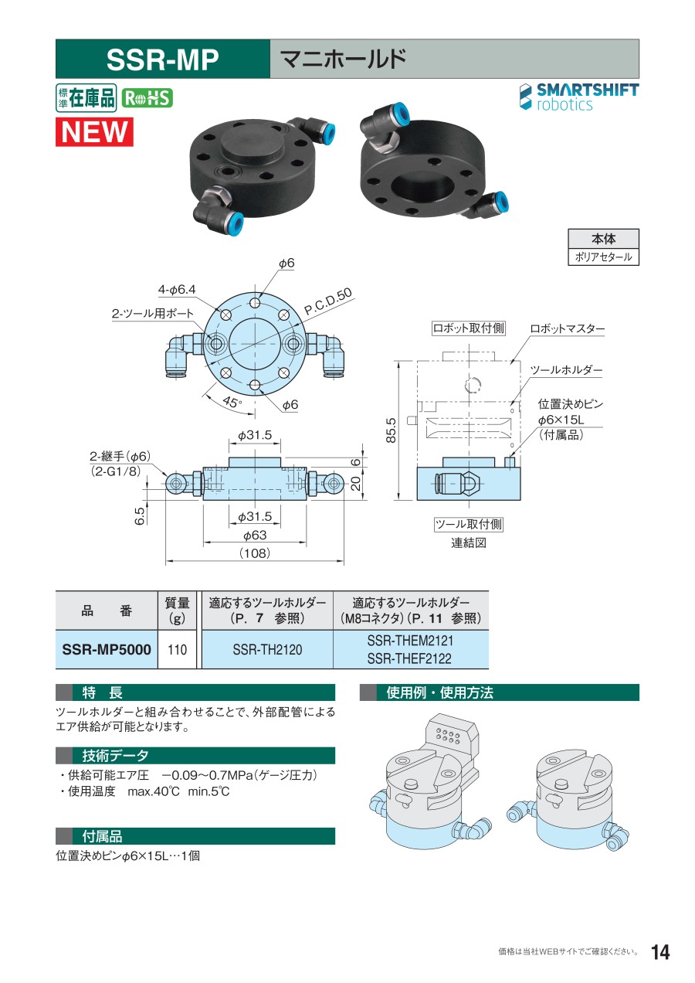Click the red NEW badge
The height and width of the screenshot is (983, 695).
click(94, 131)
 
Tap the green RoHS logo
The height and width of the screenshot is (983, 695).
click(147, 98)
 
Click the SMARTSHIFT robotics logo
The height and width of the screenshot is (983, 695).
click(579, 97)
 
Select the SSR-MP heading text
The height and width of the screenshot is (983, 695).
click(163, 60)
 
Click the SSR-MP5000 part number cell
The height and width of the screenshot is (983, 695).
click(107, 649)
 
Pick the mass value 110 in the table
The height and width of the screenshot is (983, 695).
click(177, 649)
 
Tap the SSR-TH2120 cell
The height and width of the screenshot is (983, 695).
click(267, 649)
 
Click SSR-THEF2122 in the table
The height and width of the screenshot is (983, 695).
click(409, 658)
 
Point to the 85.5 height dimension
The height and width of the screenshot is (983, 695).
click(391, 430)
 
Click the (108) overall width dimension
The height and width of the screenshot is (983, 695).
click(254, 553)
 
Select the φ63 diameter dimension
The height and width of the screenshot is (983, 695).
click(254, 535)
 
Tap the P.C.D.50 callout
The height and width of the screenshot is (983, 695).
click(328, 301)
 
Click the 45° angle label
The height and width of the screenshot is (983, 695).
click(232, 402)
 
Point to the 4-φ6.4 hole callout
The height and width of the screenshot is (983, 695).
click(177, 290)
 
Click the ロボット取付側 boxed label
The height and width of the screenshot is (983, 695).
click(468, 328)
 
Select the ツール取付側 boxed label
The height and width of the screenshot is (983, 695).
click(468, 524)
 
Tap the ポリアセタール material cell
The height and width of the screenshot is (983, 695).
click(603, 257)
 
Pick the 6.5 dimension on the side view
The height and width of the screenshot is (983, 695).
click(140, 516)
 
